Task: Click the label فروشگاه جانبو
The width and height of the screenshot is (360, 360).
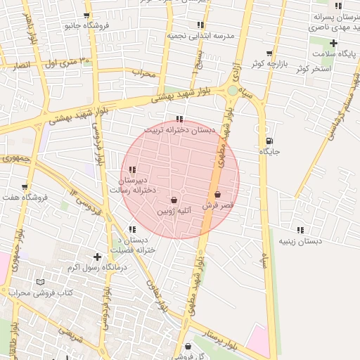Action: pos(85,25)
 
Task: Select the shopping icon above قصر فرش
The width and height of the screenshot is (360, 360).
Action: pos(217,194)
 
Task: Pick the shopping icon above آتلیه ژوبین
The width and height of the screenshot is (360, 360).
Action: pos(174,200)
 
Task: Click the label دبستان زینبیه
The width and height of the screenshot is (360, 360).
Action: pos(301,240)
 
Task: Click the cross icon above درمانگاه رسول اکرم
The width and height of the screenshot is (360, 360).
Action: pos(97,257)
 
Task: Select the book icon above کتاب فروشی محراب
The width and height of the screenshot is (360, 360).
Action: pos(39,282)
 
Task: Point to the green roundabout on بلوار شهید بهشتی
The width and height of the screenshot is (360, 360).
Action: pos(233,90)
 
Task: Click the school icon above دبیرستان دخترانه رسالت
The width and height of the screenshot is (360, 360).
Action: pos(133,169)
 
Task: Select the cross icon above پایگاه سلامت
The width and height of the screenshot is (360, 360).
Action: pos(333,44)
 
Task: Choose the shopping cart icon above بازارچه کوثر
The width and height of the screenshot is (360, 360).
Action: pos(269,53)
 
